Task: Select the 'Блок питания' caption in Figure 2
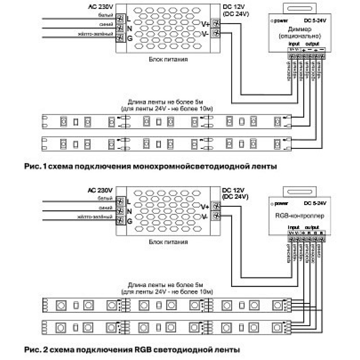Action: (168, 242)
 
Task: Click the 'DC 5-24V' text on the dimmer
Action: (315, 20)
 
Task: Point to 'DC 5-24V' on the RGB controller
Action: (315, 203)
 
